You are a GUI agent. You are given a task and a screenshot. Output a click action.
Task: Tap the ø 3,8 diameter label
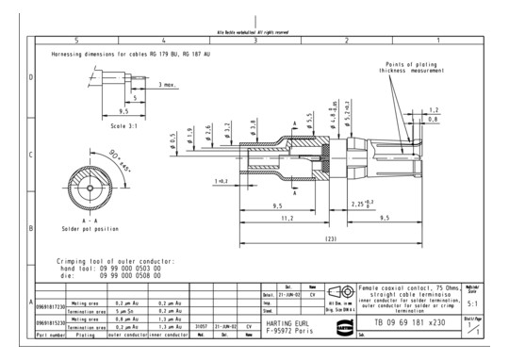point(252,125)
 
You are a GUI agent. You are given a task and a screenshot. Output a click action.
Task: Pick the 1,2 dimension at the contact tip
point(433,109)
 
